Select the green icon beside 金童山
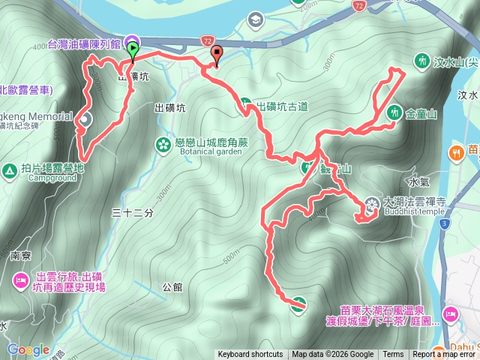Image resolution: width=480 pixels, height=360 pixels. (393, 112)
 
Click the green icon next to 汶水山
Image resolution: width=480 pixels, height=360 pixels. (421, 61)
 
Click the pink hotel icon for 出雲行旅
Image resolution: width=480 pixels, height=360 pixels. (20, 281)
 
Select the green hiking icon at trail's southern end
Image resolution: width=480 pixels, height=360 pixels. (298, 304)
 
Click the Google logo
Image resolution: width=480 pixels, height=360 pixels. (28, 349)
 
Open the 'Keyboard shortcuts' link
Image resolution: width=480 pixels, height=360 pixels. (250, 355)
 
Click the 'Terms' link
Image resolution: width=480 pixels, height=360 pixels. (393, 355)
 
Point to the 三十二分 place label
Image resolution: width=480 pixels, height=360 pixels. (132, 213)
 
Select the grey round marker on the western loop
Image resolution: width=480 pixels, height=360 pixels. (84, 118)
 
